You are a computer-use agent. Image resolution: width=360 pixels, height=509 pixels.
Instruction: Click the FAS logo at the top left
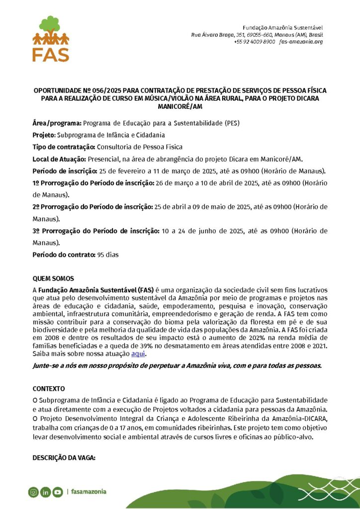50,39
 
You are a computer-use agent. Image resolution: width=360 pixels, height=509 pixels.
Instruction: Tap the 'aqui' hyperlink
139,353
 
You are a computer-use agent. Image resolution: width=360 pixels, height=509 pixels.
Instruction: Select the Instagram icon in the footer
33,492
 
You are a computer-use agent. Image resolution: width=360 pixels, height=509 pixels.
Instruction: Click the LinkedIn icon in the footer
45,492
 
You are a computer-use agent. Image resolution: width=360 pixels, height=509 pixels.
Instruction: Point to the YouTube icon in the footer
57,492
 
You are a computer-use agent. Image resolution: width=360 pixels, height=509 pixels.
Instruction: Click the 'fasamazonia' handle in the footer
89,492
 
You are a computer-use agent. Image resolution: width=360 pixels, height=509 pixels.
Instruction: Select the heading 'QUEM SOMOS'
53,279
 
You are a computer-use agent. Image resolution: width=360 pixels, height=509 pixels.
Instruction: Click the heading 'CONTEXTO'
49,388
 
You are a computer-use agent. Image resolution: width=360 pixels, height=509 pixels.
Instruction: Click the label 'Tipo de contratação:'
64,147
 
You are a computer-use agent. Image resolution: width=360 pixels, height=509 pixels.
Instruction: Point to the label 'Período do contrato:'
64,255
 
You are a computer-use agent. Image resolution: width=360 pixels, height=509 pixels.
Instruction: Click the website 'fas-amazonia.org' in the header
301,42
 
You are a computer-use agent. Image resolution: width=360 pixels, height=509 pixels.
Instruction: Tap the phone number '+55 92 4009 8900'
254,42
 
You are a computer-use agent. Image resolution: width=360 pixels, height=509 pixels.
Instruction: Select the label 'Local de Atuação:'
59,159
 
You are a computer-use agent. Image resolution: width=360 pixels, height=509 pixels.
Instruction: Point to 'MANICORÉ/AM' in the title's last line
180,106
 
